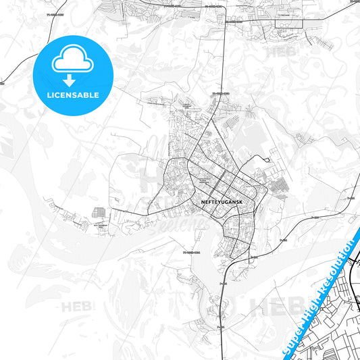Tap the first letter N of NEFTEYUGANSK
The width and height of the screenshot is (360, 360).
click(x=203, y=202)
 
